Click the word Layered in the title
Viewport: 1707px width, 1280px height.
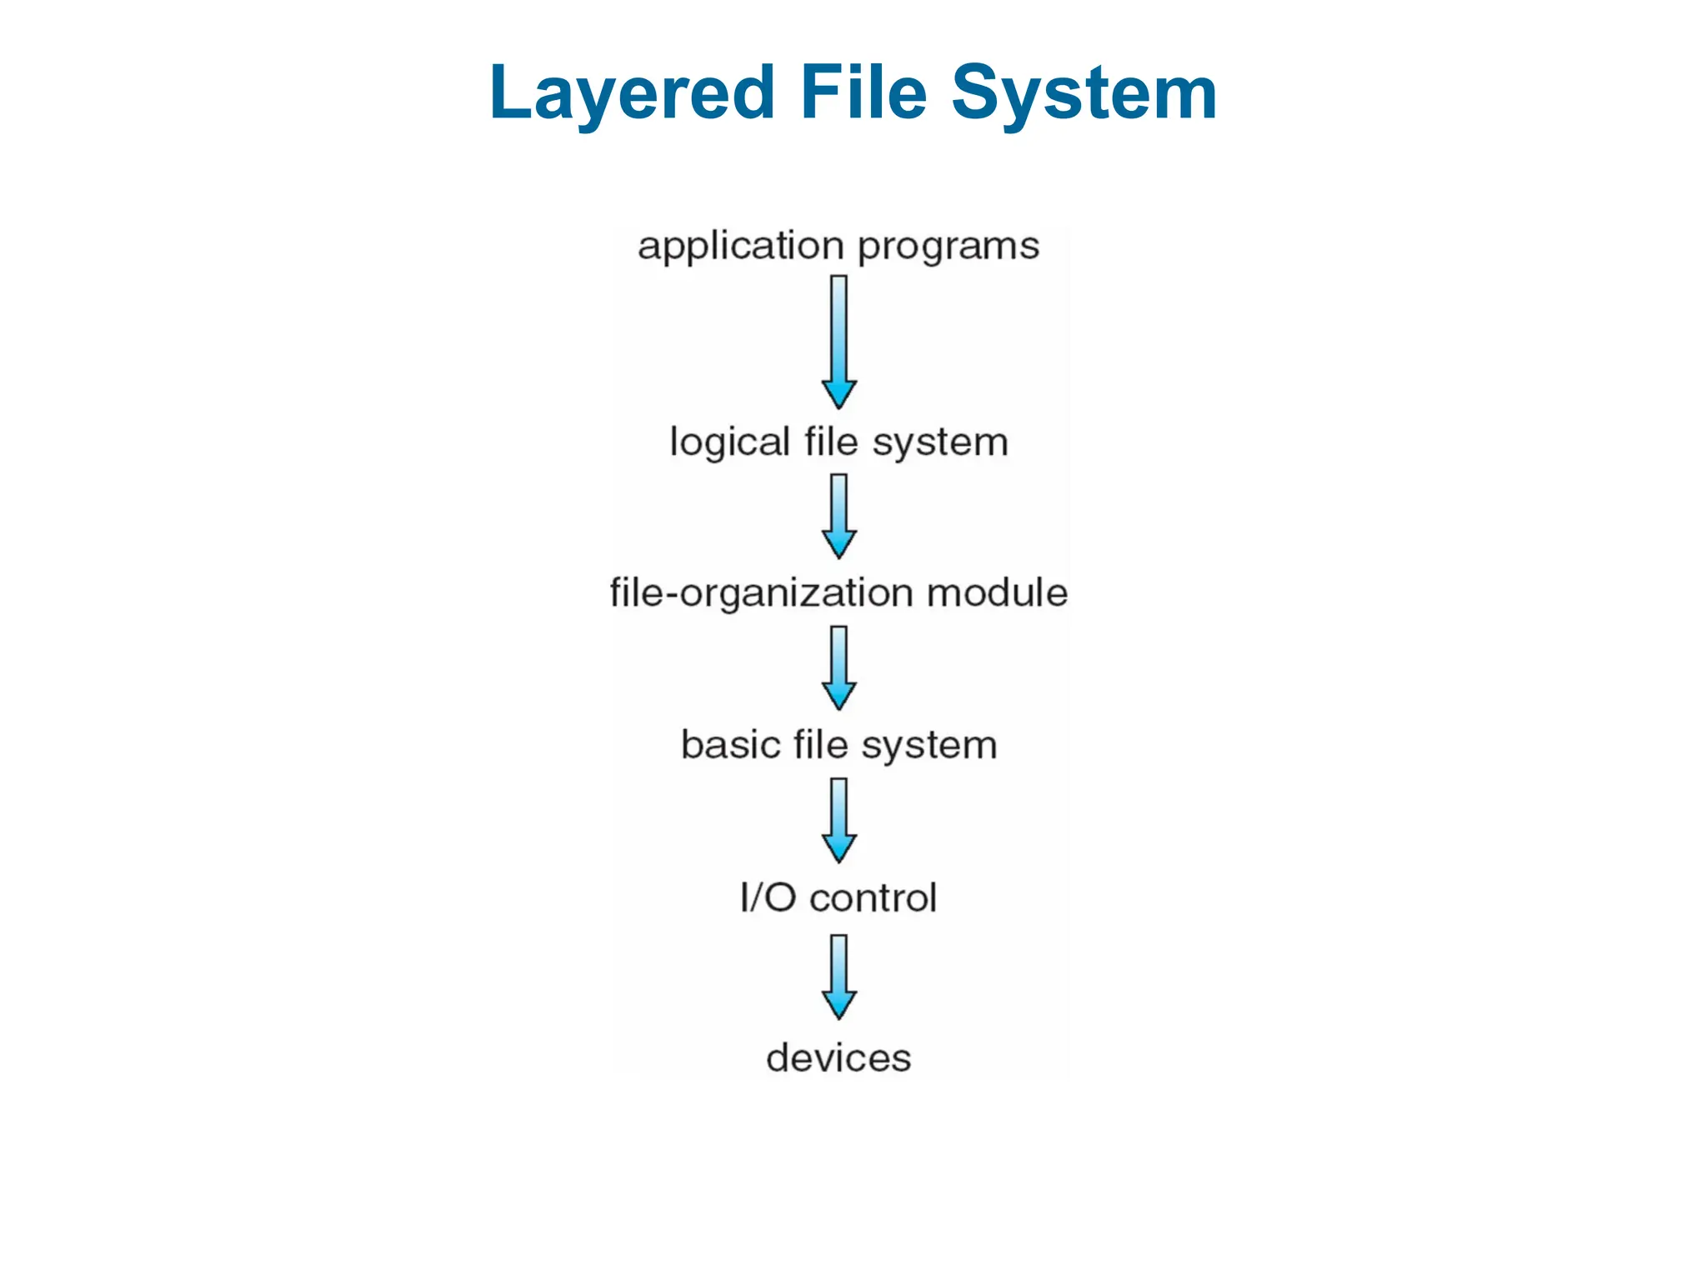(x=632, y=93)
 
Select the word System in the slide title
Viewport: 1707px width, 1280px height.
(x=1084, y=93)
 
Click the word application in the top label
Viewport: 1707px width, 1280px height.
(x=741, y=247)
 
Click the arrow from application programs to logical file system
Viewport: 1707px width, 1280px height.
(x=838, y=342)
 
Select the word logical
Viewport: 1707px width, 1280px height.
(x=729, y=442)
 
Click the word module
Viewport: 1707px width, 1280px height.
(x=997, y=592)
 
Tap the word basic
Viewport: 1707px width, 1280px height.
(x=731, y=744)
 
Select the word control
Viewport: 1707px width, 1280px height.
(x=874, y=897)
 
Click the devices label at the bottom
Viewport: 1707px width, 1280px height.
(x=838, y=1057)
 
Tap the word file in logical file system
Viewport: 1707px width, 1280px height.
(x=831, y=442)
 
